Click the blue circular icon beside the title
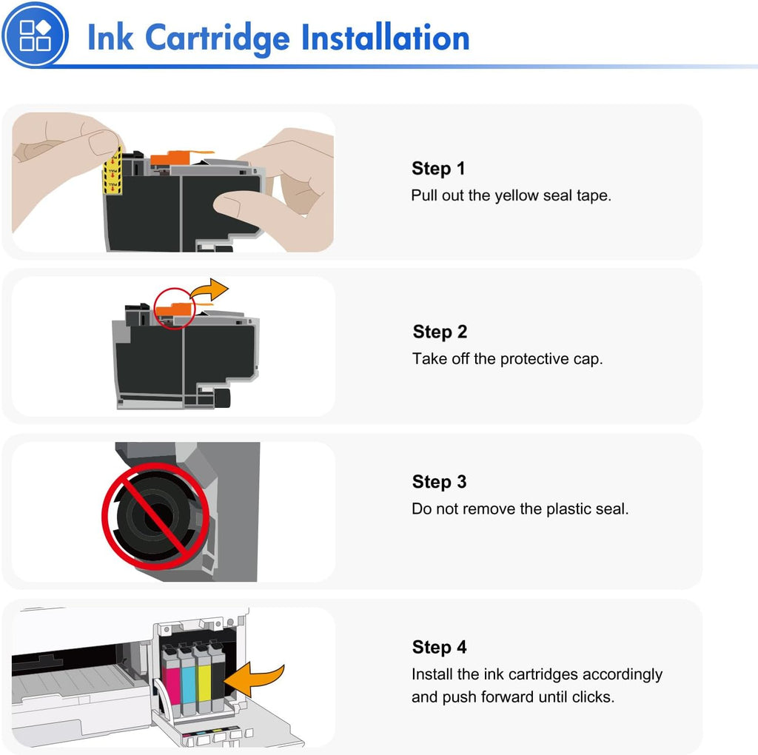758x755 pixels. coord(35,35)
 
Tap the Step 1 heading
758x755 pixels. coord(438,169)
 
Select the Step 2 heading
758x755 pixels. coord(440,332)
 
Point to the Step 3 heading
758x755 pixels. coord(439,482)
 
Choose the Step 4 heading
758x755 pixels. coord(439,647)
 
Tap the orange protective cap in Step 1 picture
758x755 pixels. coord(171,158)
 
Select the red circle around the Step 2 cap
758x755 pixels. coord(174,309)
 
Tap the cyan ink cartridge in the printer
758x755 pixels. coord(187,679)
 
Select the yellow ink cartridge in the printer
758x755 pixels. coord(203,679)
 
